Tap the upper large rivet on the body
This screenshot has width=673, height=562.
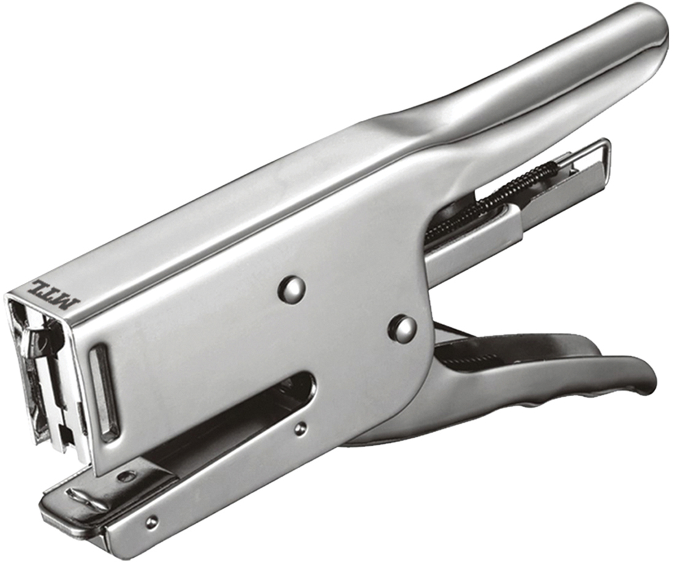292,285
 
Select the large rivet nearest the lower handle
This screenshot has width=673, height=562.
402,327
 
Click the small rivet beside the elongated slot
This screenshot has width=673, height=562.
301,427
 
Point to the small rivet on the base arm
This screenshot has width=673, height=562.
151,521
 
